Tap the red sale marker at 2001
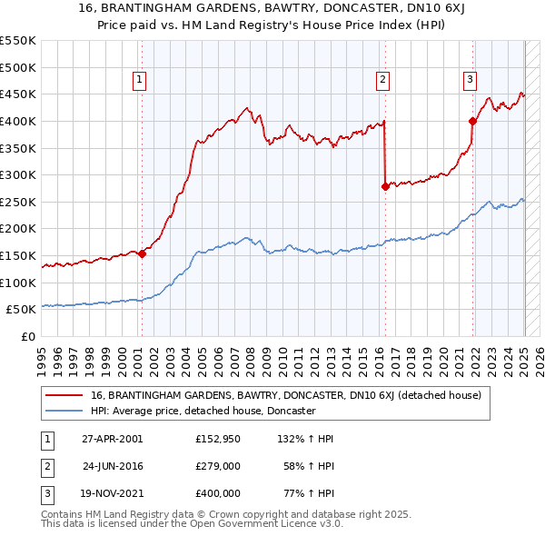pos(142,254)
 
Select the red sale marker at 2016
pos(385,186)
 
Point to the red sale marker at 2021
pos(473,121)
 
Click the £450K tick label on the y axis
pos(18,94)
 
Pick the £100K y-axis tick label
pos(18,283)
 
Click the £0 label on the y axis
pos(27,337)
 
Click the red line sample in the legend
pos(63,395)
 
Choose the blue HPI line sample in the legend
pos(63,411)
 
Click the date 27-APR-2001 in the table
pos(113,439)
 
